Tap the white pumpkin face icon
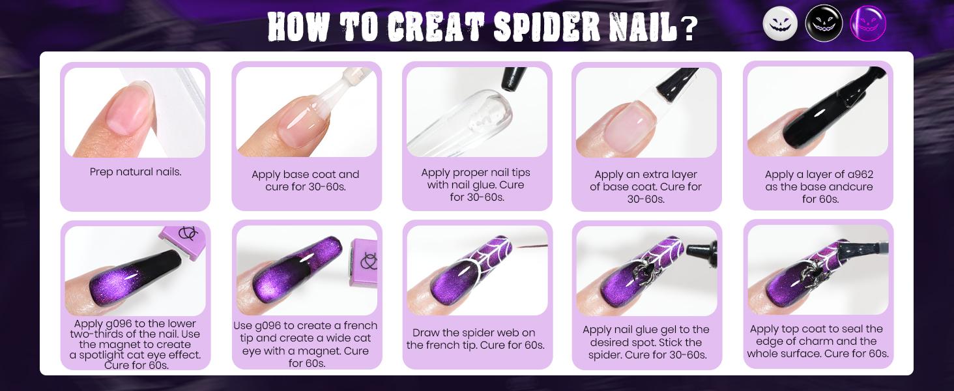click(x=780, y=23)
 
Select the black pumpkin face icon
click(x=824, y=23)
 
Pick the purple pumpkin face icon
click(x=867, y=23)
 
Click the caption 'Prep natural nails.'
click(x=136, y=172)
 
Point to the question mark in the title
click(x=689, y=29)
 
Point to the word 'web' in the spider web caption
click(x=498, y=333)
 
